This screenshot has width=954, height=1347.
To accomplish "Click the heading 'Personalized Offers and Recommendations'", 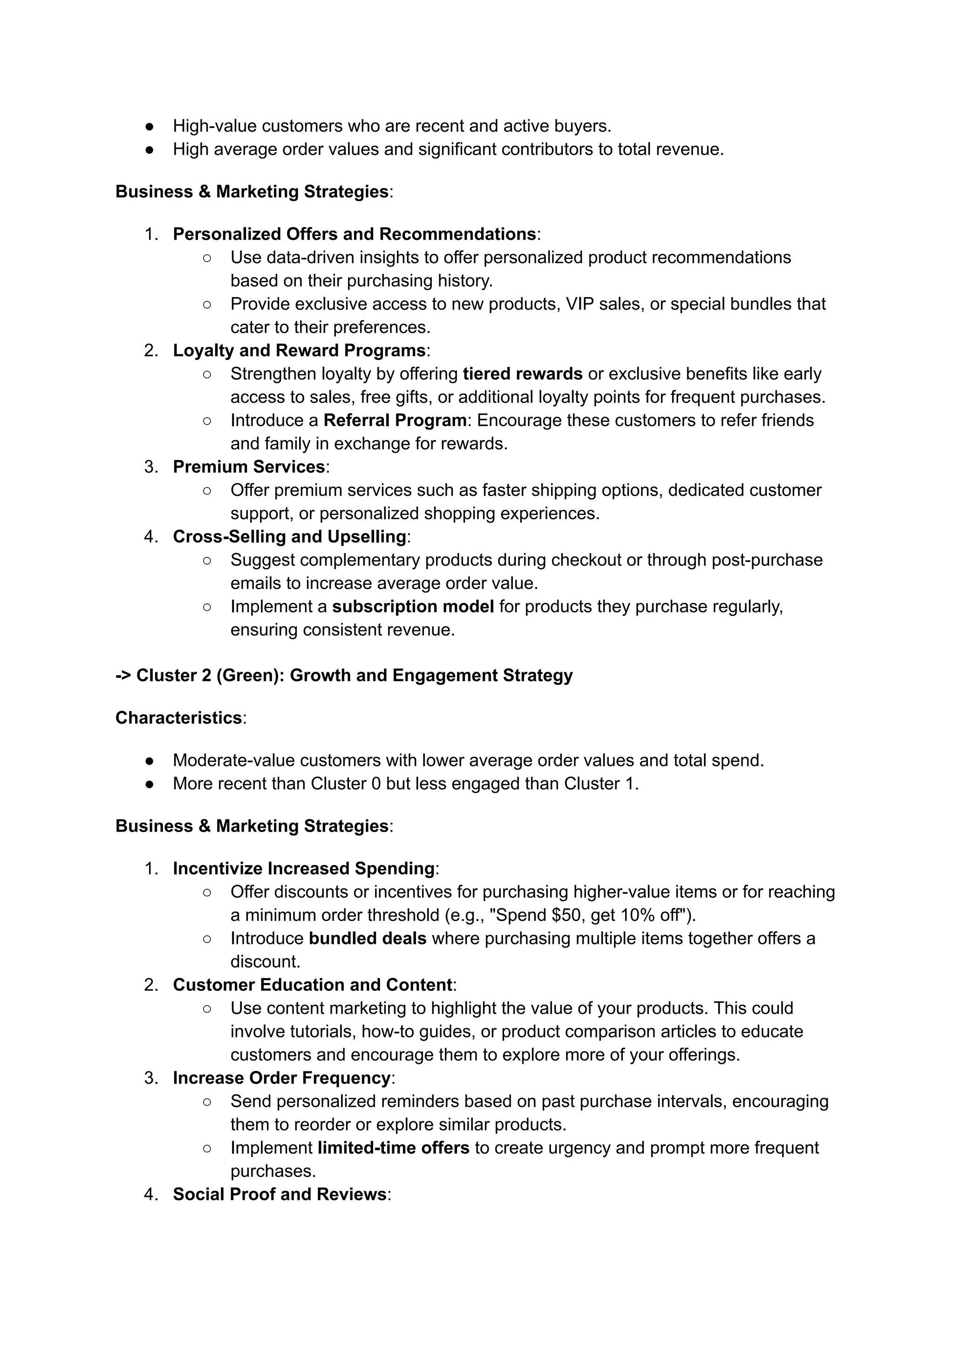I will coord(354,234).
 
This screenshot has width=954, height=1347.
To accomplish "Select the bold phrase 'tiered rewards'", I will coord(522,374).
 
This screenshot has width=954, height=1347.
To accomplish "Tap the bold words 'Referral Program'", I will coord(395,420).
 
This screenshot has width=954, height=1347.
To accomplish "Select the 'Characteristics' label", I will coord(178,718).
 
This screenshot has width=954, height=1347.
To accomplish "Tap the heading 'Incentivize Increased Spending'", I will coord(303,869).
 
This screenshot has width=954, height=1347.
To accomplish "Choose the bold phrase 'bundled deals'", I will coord(367,939).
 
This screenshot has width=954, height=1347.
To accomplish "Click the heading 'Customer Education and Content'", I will coord(312,985).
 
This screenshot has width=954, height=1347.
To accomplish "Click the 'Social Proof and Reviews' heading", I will coord(279,1194).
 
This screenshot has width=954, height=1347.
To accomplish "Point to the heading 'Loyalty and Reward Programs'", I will coord(299,351).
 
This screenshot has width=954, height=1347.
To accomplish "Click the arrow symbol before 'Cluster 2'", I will coord(123,676).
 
